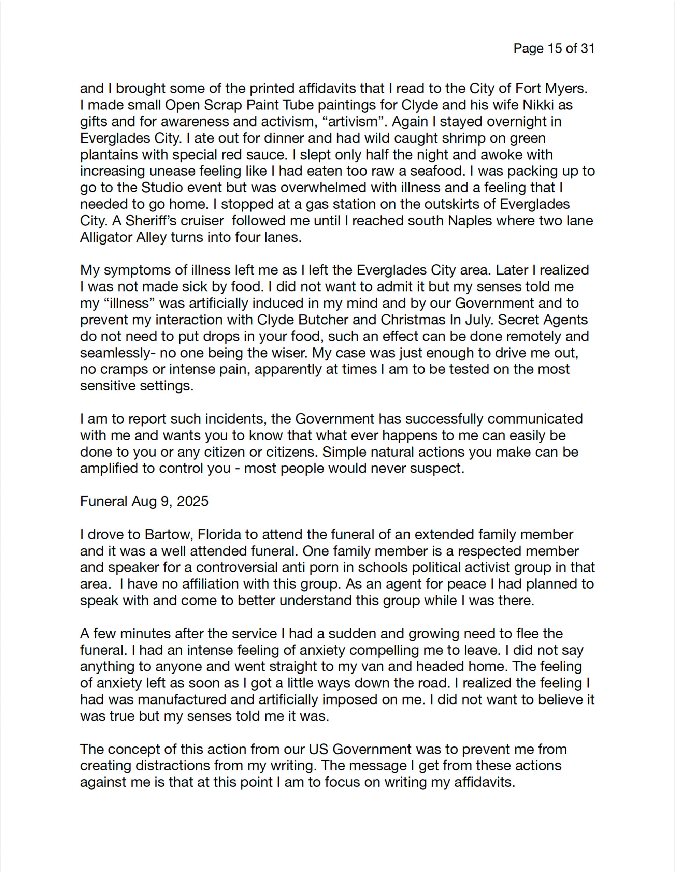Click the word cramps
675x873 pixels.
[x=124, y=369]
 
